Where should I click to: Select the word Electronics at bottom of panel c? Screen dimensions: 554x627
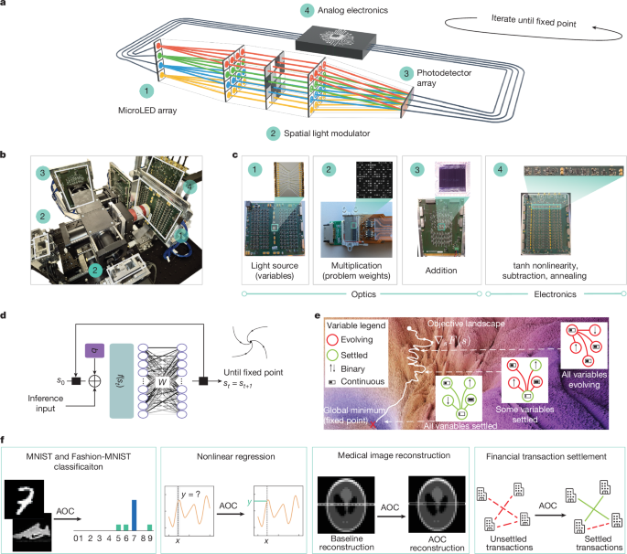(x=553, y=294)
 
